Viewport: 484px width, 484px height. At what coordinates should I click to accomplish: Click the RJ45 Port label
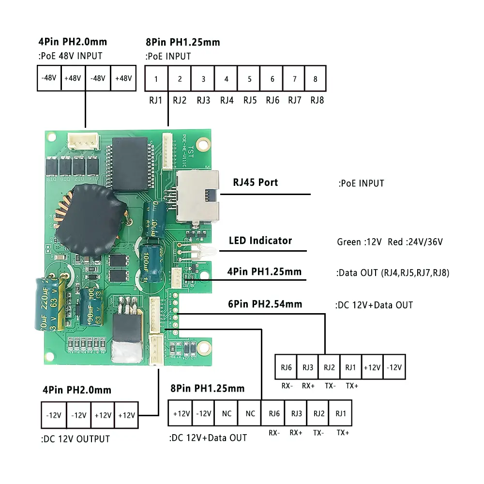[255, 183]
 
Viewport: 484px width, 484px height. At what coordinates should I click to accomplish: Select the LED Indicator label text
[260, 241]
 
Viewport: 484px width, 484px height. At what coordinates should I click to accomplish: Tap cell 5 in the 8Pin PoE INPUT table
[249, 79]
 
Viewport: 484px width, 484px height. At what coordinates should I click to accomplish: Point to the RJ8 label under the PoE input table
[317, 101]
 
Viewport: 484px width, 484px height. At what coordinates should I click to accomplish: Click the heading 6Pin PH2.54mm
[265, 304]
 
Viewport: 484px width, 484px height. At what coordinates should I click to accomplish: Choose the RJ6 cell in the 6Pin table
[286, 367]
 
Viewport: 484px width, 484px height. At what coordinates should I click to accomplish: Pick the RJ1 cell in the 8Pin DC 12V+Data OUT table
[341, 413]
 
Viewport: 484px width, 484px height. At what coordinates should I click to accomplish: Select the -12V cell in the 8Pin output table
[203, 413]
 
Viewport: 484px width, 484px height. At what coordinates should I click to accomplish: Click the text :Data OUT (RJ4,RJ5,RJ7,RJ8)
[393, 273]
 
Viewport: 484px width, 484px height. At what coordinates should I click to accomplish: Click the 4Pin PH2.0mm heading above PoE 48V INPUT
[72, 42]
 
